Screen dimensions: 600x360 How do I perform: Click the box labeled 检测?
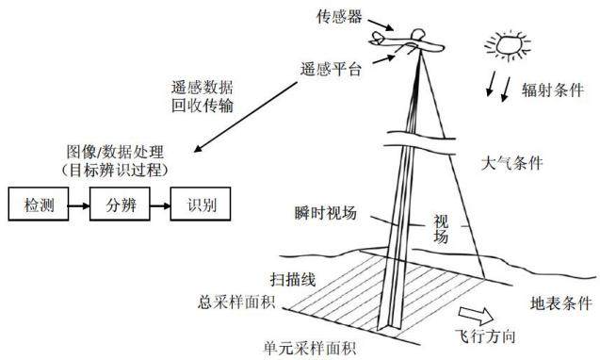click(x=39, y=204)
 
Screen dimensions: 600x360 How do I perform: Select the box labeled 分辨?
click(x=120, y=204)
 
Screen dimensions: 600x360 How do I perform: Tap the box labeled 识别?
click(x=201, y=204)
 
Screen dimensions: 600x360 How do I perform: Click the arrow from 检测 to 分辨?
click(x=79, y=206)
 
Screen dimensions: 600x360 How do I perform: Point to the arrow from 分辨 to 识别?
click(x=160, y=206)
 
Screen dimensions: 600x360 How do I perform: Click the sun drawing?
click(x=508, y=45)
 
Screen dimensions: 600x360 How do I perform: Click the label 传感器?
click(x=339, y=16)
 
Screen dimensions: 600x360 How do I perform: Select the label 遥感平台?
click(x=331, y=70)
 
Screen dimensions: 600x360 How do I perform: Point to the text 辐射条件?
click(x=553, y=90)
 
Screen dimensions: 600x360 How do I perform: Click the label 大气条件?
click(x=512, y=163)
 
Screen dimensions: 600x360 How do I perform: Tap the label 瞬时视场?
click(x=326, y=213)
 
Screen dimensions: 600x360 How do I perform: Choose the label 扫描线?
click(x=293, y=280)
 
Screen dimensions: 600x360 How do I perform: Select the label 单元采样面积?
click(x=310, y=348)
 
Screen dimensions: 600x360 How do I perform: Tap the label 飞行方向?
click(x=485, y=336)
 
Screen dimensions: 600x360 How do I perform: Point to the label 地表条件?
click(x=561, y=303)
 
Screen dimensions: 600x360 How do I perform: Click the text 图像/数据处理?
click(x=115, y=152)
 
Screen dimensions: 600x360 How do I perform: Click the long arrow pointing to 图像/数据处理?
click(x=245, y=117)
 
